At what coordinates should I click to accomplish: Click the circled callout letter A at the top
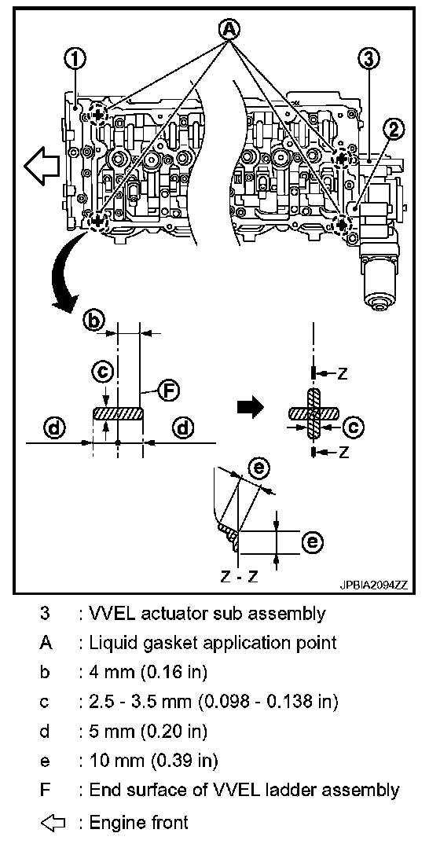tap(229, 30)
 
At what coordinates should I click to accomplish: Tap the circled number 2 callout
tap(393, 128)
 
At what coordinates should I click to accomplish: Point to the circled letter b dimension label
tap(93, 321)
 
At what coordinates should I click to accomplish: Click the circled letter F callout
tap(169, 391)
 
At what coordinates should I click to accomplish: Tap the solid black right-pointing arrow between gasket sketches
tap(250, 407)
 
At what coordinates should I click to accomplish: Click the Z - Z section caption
tap(240, 577)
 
